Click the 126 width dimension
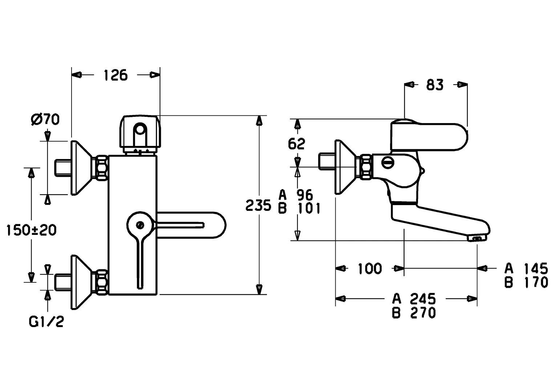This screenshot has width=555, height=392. coord(116,75)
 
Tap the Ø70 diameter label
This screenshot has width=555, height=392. coord(45,119)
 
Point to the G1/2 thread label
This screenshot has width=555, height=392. coord(46,322)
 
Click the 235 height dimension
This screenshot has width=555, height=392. coord(258,205)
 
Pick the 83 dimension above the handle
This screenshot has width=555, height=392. coord(435,85)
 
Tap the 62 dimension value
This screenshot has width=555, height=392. coord(296,144)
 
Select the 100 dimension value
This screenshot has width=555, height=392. coord(370,269)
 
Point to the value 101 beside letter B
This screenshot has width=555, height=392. coord(309,208)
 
